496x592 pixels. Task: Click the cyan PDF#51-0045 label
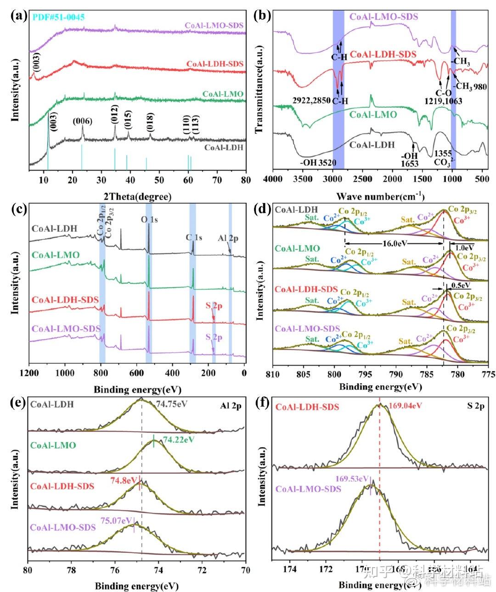(59, 17)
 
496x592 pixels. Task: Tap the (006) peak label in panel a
(83, 121)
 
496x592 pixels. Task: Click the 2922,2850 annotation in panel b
(312, 99)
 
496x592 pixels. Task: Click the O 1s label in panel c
(149, 220)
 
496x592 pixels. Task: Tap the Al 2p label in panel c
(228, 239)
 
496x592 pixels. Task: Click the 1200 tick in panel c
(28, 373)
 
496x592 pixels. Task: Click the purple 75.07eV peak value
(116, 522)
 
